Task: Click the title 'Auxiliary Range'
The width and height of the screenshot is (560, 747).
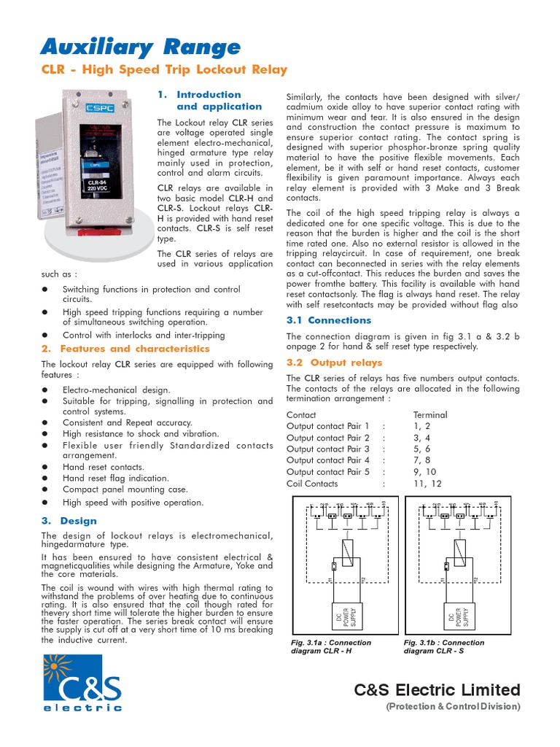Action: coord(139,48)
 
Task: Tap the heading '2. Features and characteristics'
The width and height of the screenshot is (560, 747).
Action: coord(125,349)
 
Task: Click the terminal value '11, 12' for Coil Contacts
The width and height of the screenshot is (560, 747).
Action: coord(427,484)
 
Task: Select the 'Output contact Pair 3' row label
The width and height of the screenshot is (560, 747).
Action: coord(328,449)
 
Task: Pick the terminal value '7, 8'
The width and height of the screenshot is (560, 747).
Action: coord(423,460)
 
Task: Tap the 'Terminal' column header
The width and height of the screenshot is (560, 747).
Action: coord(430,414)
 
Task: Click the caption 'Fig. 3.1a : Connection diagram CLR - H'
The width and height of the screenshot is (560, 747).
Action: coord(331,647)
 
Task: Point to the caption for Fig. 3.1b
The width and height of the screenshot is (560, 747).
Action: coord(443,647)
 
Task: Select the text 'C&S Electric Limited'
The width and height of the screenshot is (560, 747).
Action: coord(437,690)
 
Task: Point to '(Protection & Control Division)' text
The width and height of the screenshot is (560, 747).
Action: coord(452,707)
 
